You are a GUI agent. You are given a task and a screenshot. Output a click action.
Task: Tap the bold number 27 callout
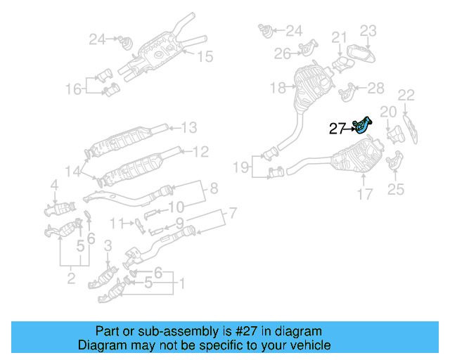tap(337, 129)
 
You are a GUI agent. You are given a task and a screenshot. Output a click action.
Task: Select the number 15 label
tap(204, 56)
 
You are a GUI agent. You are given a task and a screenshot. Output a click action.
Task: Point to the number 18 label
tap(277, 88)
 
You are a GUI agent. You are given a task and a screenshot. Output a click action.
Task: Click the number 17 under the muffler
tap(364, 194)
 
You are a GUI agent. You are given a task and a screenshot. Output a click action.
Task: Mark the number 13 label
tap(190, 128)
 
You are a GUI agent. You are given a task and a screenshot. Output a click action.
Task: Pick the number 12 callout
tap(200, 151)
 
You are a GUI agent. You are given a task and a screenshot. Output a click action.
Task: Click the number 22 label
tap(406, 94)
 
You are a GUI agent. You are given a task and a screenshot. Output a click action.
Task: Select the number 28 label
tap(376, 88)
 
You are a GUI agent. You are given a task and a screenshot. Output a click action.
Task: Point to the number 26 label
tap(283, 53)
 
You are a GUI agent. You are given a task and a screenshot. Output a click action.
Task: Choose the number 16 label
tap(74, 89)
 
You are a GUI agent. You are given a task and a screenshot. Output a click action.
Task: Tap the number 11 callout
tap(117, 224)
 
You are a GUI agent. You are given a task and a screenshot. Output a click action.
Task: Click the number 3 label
tap(108, 245)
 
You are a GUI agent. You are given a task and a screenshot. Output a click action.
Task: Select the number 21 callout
tap(340, 37)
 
